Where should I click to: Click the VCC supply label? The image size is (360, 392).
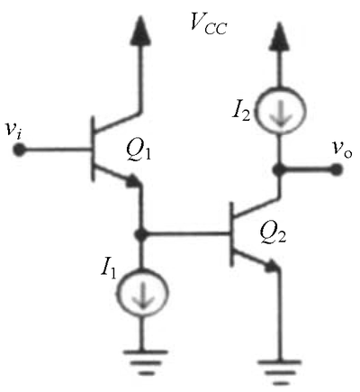point(209,23)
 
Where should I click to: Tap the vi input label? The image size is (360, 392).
point(13,130)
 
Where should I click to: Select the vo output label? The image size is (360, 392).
point(341,149)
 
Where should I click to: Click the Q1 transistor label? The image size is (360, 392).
point(139,150)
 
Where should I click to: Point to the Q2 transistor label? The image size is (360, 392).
point(273,233)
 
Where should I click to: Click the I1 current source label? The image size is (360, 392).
point(108,268)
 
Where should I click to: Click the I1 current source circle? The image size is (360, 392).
point(142,292)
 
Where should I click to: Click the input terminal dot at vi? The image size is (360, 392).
point(19,150)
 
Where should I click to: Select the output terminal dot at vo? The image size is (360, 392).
point(336,169)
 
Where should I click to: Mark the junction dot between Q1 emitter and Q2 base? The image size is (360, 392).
point(141,233)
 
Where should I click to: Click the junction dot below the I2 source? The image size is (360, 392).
point(279,169)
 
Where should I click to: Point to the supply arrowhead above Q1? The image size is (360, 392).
point(140,31)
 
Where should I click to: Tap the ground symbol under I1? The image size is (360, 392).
point(146,362)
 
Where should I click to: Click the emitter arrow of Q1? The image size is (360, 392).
point(133,181)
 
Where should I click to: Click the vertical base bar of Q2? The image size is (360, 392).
point(231,234)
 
